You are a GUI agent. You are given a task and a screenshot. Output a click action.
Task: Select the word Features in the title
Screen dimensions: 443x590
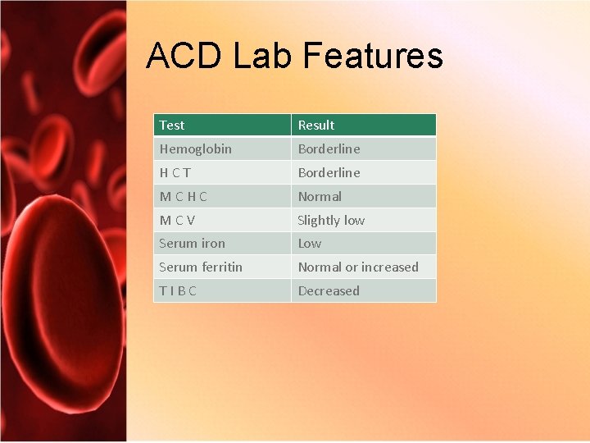coord(372,56)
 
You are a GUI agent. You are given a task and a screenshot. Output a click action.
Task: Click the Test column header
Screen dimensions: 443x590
coord(172,126)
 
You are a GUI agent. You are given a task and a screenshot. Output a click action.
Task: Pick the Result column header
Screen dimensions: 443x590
coord(316,126)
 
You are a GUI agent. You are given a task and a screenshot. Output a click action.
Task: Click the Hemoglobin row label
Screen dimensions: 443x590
coord(195,149)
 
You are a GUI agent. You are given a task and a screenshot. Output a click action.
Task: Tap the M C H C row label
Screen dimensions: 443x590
coord(184,197)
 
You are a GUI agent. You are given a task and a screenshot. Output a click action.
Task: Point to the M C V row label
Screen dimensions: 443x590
coord(178,221)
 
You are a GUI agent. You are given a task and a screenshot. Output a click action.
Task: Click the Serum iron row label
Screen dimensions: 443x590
coord(192,244)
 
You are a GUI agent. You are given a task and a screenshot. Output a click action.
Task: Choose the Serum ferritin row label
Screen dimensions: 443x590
coord(201,267)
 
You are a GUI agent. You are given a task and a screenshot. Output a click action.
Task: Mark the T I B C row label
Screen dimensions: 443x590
coord(178,291)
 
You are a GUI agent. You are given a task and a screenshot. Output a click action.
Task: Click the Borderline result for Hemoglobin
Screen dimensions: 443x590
coord(329,149)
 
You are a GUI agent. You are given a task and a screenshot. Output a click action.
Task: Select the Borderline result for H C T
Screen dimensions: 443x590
coord(329,173)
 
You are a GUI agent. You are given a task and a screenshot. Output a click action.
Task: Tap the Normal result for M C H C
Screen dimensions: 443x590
coord(320,197)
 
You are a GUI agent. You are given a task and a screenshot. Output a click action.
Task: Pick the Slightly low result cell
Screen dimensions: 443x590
coord(331,221)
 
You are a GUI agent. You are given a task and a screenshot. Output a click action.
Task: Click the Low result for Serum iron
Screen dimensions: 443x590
coord(310,244)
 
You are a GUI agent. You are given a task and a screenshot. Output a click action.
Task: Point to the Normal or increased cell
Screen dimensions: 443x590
coord(358,267)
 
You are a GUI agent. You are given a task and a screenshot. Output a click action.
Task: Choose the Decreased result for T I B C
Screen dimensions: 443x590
coord(329,291)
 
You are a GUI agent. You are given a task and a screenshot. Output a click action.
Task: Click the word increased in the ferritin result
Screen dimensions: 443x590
coord(390,267)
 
